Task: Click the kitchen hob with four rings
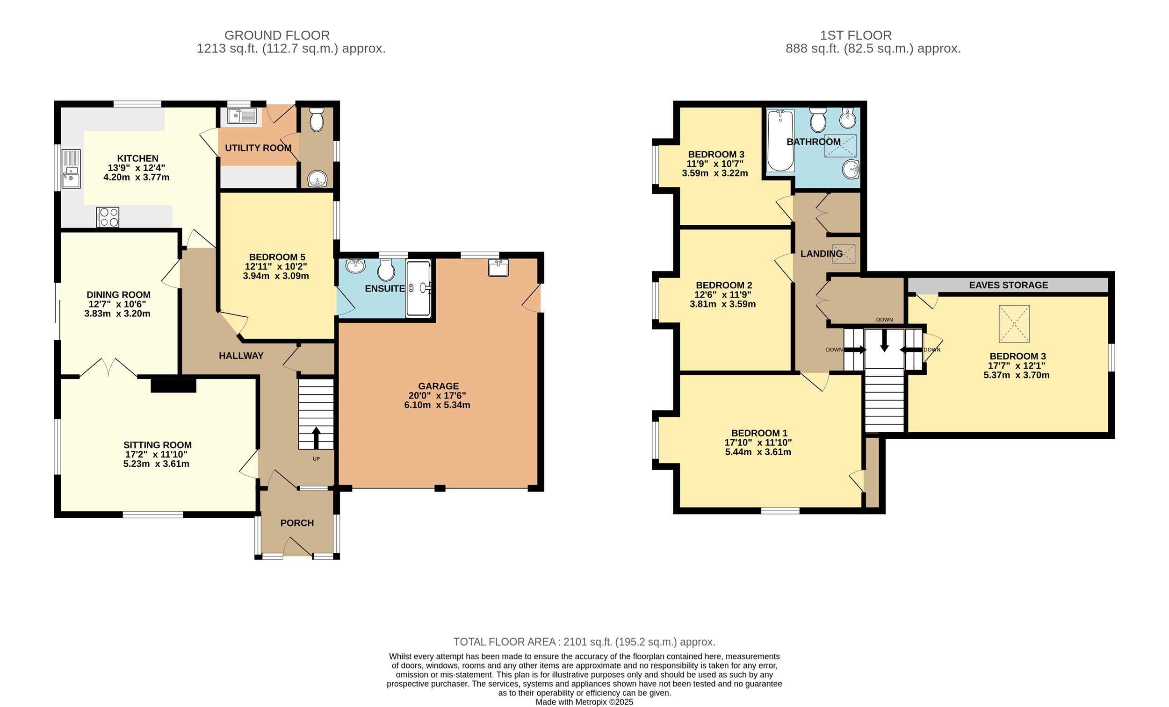(x=108, y=217)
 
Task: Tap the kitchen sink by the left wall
(x=71, y=168)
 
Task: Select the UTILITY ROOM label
(x=258, y=148)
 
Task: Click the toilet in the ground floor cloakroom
(x=316, y=119)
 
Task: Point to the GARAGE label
(x=439, y=386)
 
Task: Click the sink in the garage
(x=498, y=267)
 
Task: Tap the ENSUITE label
(x=385, y=288)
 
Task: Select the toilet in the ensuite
(x=386, y=270)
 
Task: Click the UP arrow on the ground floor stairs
(x=316, y=438)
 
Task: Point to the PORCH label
(x=297, y=523)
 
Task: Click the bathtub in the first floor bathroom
(x=780, y=141)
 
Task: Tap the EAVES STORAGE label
(x=1008, y=285)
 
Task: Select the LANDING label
(x=821, y=254)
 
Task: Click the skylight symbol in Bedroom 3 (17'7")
(x=1014, y=324)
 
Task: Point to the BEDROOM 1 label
(x=759, y=433)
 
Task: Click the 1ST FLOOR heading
(x=856, y=36)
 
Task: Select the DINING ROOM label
(x=119, y=294)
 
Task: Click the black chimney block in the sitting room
(x=173, y=386)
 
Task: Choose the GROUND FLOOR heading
(x=277, y=36)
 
